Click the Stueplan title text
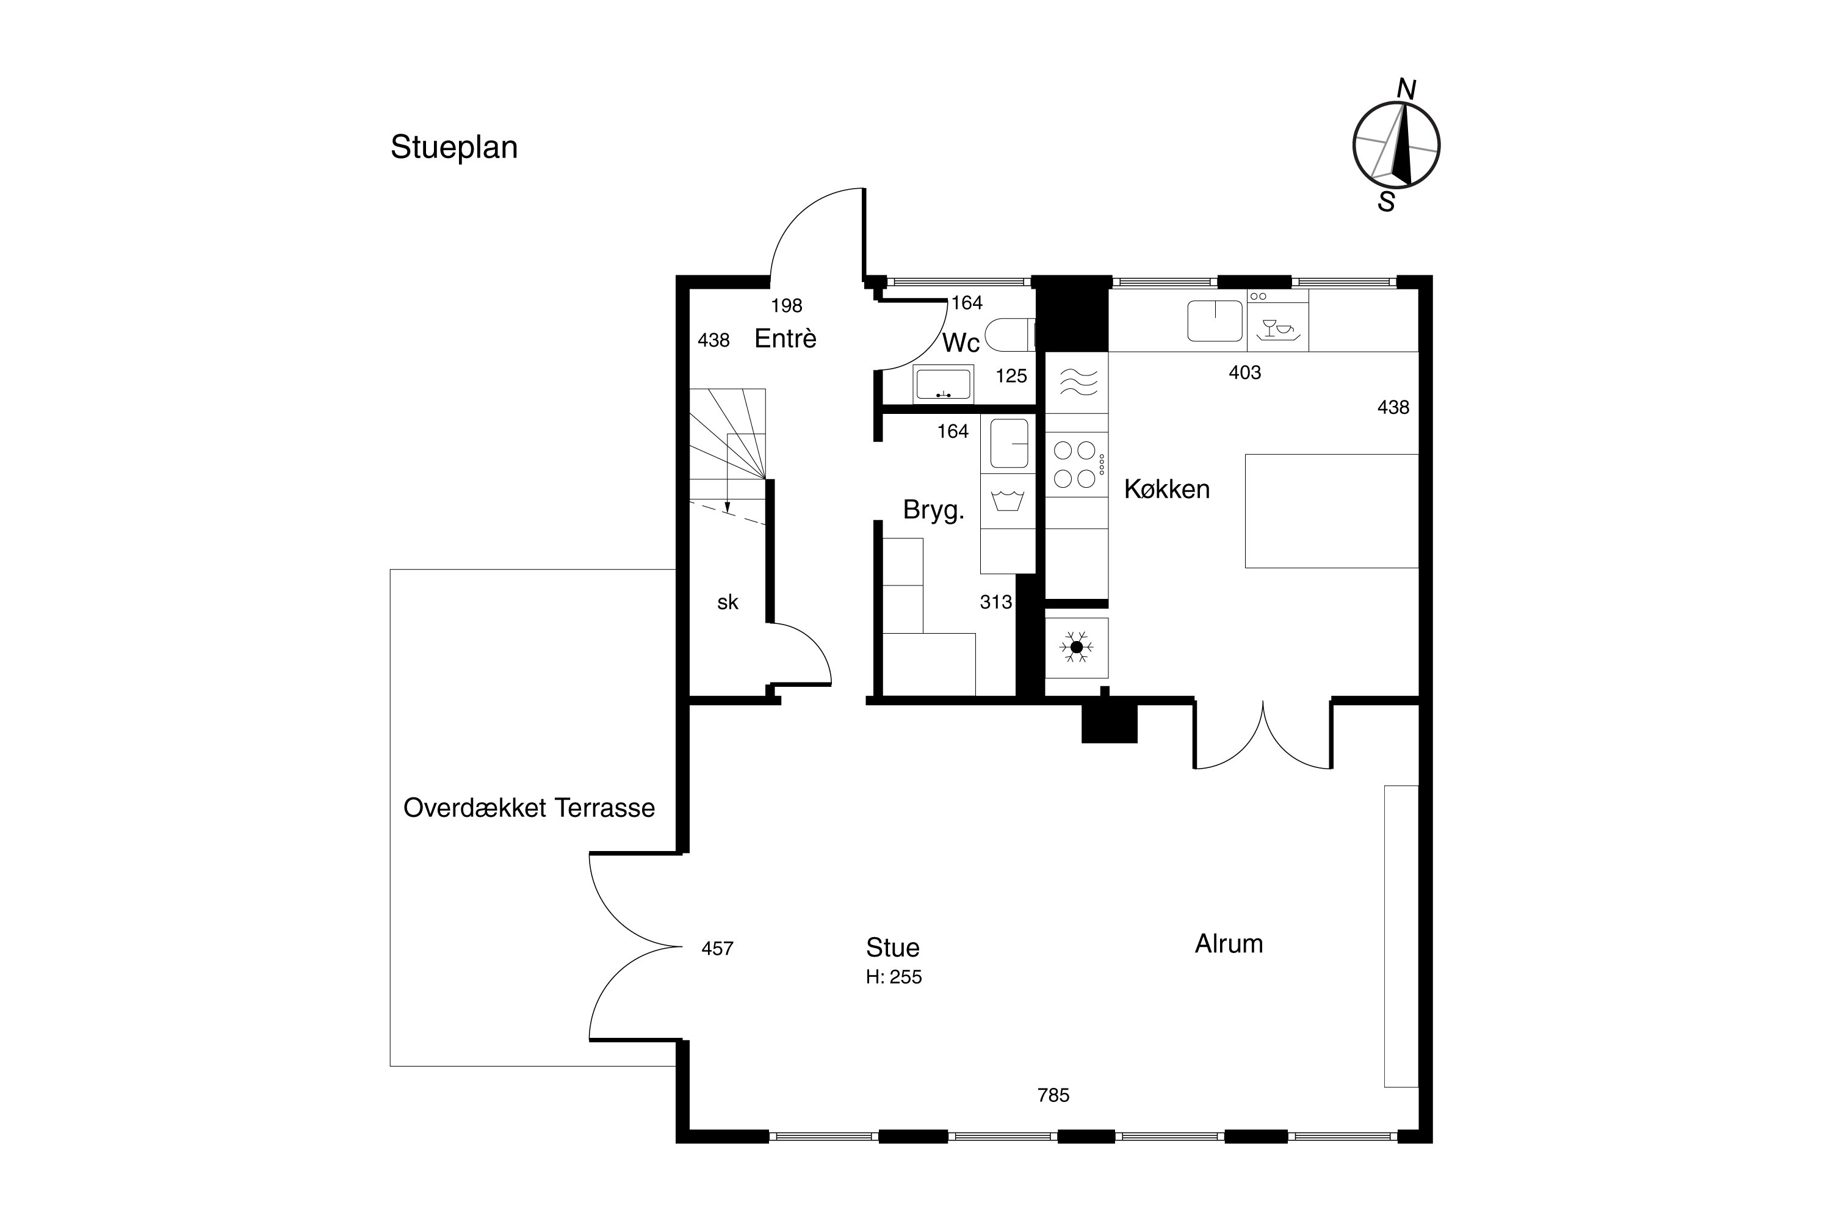tap(454, 148)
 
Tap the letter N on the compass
tap(1406, 90)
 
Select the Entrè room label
tap(785, 339)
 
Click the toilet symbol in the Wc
tap(1009, 335)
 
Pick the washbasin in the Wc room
tap(944, 384)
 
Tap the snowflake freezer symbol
tap(1077, 647)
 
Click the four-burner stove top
tap(1077, 464)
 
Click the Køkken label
tap(1167, 490)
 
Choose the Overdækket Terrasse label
tap(529, 808)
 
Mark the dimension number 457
tap(717, 949)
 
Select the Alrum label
tap(1229, 944)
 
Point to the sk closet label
tap(728, 602)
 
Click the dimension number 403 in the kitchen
tap(1245, 373)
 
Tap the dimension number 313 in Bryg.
tap(995, 602)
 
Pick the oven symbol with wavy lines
tap(1077, 382)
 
